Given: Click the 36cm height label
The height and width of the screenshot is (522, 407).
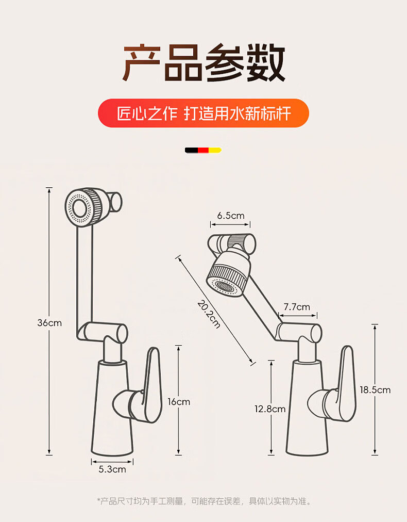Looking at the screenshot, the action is pos(49,323).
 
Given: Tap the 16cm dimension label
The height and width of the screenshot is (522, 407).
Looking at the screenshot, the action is pos(179,402).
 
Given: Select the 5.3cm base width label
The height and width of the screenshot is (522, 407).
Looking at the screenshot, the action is pos(112,469).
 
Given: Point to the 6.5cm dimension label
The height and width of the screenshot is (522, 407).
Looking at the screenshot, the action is pos(230,216).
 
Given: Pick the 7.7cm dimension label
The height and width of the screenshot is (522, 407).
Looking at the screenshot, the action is pos(297,307).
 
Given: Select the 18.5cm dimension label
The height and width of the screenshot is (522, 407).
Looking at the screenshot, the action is pos(375,390).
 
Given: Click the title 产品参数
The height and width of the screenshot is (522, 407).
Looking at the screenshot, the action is pos(203,63).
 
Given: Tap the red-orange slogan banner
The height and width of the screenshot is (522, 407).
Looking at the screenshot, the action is pos(203,113).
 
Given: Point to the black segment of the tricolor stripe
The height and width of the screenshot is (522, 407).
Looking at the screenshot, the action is pos(192,150).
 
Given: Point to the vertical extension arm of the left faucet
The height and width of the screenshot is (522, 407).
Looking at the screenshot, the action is pos(84,273).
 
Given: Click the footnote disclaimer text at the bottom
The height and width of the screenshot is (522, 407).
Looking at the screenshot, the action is pos(203,501).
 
